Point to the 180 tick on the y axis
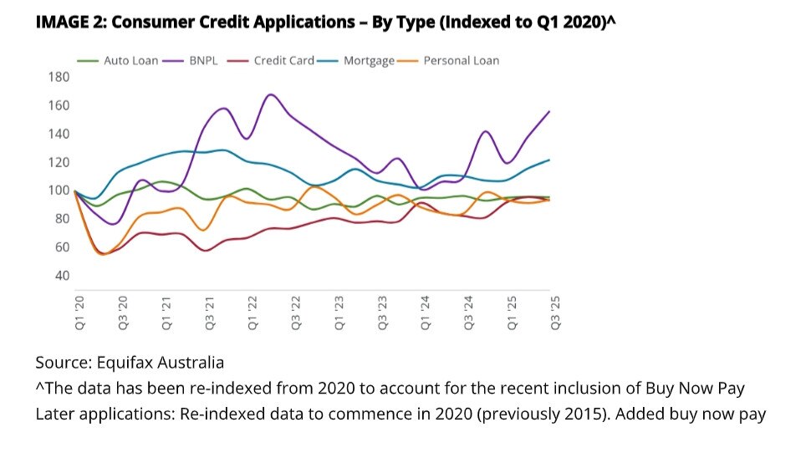tap(59, 78)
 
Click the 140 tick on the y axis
tap(59, 134)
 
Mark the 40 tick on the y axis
tap(62, 276)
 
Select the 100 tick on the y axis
tap(59, 191)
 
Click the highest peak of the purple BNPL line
tap(270, 94)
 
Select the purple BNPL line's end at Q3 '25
tap(549, 111)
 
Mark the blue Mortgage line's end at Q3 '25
tap(549, 160)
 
